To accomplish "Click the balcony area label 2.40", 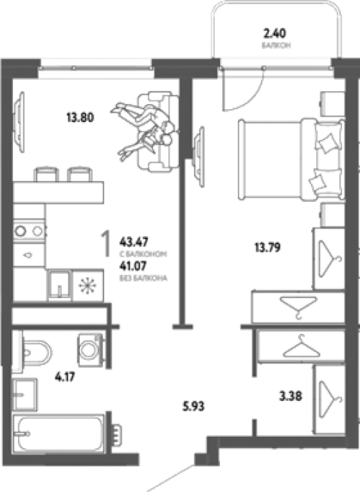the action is tap(275, 33).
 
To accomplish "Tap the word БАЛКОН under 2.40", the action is tap(276, 45).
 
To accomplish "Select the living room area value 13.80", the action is tap(80, 118).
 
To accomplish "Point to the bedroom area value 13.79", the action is tap(267, 248).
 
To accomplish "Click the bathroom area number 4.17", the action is tap(65, 376).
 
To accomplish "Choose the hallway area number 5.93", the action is tap(193, 407).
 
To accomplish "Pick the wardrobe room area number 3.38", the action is tap(290, 396).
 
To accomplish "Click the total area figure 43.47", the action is tap(134, 242).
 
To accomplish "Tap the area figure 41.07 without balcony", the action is tap(133, 266).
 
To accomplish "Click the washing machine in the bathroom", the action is tap(90, 350).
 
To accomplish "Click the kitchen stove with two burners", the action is tap(29, 231).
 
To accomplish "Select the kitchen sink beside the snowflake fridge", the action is tap(60, 286).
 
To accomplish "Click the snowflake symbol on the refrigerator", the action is tap(88, 286).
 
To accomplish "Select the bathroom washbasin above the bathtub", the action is tap(25, 394).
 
